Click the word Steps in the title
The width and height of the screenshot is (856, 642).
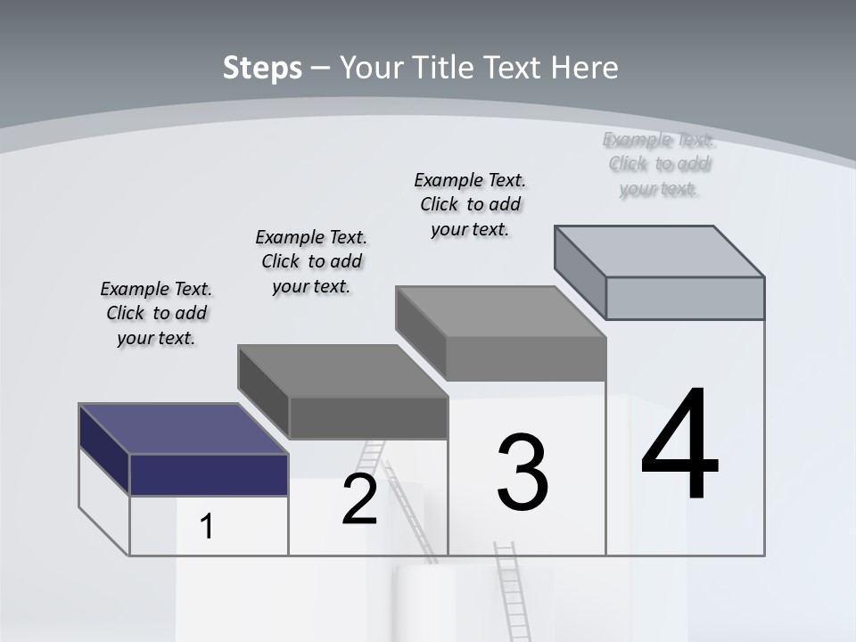pyautogui.click(x=262, y=68)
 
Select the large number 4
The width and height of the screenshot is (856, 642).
pyautogui.click(x=679, y=446)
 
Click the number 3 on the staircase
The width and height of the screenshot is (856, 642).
pyautogui.click(x=523, y=473)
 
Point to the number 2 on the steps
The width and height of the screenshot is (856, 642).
pyautogui.click(x=359, y=500)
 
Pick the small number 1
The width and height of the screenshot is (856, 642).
pyautogui.click(x=207, y=526)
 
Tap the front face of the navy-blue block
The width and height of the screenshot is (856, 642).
pyautogui.click(x=209, y=474)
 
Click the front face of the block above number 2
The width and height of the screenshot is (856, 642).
pyautogui.click(x=368, y=417)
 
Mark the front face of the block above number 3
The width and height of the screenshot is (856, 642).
pyautogui.click(x=526, y=358)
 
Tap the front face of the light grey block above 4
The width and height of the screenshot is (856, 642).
pyautogui.click(x=685, y=298)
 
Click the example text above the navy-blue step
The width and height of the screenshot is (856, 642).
pyautogui.click(x=156, y=313)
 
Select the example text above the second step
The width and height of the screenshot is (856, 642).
pyautogui.click(x=311, y=261)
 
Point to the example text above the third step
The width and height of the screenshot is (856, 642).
pyautogui.click(x=471, y=204)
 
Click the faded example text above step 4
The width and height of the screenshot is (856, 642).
pyautogui.click(x=659, y=164)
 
